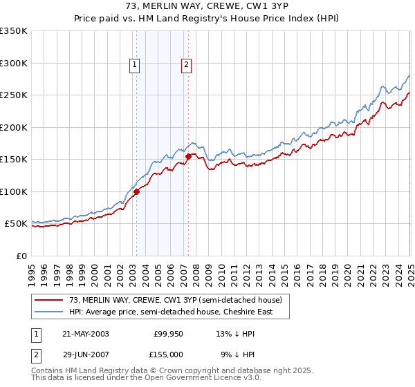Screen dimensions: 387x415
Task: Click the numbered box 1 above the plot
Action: [x=133, y=66]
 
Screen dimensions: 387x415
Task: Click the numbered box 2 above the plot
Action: [x=187, y=66]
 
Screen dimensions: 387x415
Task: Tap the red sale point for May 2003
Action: [x=136, y=191]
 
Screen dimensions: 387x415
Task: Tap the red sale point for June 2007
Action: [x=188, y=156]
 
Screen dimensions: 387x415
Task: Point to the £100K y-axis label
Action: [x=14, y=191]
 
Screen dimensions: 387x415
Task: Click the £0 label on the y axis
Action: [x=21, y=256]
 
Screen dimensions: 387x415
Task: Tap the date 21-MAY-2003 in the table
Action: [x=85, y=334]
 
